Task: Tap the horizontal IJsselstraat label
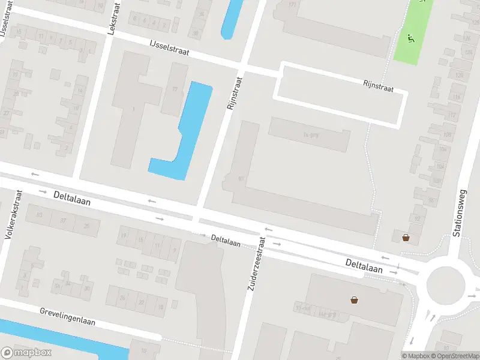(170, 48)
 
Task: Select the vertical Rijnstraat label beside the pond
(234, 93)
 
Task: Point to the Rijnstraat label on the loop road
(378, 86)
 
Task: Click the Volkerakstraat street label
(13, 215)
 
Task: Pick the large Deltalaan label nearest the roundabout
(364, 266)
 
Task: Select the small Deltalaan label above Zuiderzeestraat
(226, 241)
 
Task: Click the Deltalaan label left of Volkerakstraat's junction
(72, 198)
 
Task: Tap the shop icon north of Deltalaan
(406, 237)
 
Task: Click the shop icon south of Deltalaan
(355, 299)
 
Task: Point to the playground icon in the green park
(412, 39)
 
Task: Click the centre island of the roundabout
(445, 284)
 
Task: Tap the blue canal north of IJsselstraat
(229, 21)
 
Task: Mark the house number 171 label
(293, 5)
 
